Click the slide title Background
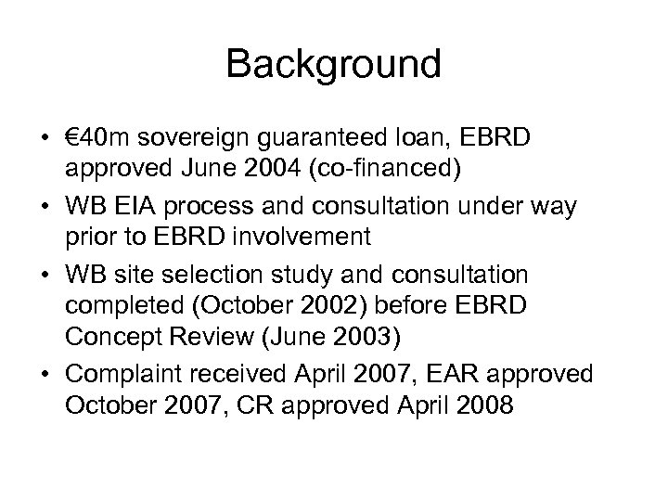pos(333,65)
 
